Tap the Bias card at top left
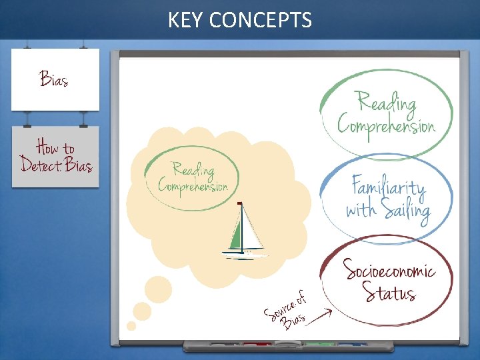point(55,79)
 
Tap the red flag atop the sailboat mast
point(239,203)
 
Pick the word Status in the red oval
point(389,292)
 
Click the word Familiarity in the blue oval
point(389,186)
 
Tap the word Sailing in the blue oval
point(406,210)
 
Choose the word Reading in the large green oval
point(387,103)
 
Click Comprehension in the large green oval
point(386,125)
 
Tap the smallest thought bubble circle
point(131,326)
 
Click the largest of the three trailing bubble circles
point(158,289)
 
